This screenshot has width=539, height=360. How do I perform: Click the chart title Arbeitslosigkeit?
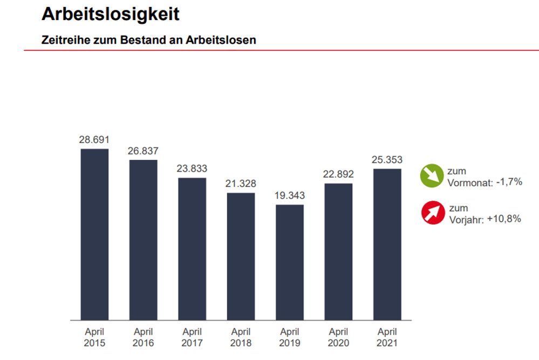[110, 14]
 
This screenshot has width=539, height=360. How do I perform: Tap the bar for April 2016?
[143, 240]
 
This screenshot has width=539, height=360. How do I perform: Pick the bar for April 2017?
[192, 248]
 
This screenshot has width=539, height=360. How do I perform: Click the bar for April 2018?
[241, 256]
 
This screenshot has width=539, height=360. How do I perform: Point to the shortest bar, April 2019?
[290, 262]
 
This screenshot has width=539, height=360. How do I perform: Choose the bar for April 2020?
[338, 251]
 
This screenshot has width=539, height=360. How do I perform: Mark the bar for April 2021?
[387, 244]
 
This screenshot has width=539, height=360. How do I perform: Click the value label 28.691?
[94, 140]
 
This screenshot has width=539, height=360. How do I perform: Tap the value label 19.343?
[290, 196]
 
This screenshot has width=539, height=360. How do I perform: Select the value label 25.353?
[387, 160]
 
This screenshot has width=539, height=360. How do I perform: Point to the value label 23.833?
[192, 168]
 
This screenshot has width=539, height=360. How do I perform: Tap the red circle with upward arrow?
[433, 213]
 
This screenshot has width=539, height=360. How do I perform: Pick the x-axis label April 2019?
[290, 337]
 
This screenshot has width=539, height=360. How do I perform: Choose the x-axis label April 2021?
[387, 337]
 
